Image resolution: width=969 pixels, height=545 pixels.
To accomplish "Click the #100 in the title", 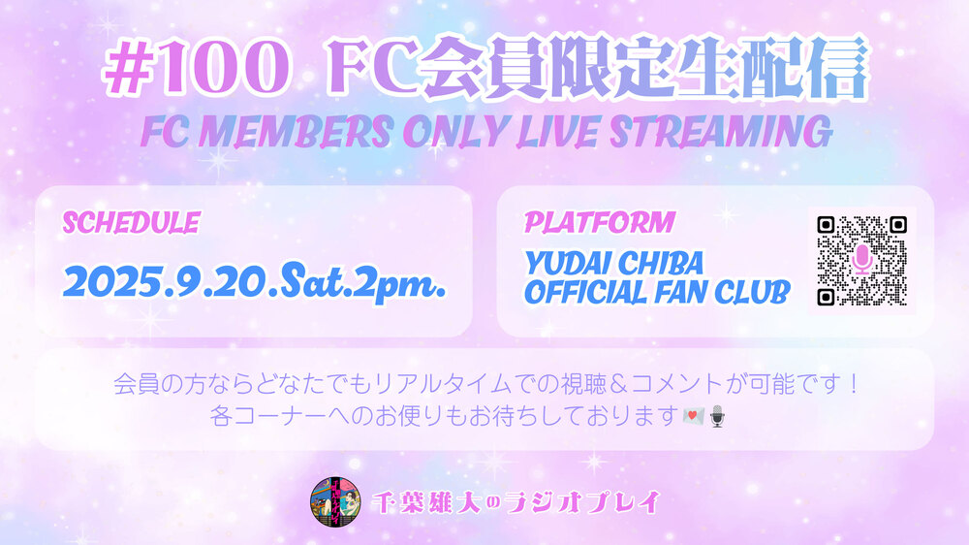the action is pos(197,68).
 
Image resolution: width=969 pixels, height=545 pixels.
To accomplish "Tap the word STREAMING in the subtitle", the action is pos(721,132).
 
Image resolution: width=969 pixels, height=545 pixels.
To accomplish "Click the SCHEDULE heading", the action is pos(131,223).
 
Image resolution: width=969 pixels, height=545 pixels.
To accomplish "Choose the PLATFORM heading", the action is pos(600,223).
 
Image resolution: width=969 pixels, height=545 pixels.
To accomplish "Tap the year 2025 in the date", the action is pos(111,283).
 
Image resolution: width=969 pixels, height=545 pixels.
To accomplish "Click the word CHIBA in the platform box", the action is pos(661,264).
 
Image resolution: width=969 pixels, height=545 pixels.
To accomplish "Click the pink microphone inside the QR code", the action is pos(862,261).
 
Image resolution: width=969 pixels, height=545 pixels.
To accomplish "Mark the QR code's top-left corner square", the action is pos(827,225).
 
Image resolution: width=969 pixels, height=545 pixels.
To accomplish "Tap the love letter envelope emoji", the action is pos(694,416).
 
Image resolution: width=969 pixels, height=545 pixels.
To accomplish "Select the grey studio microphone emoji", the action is pos(717,416).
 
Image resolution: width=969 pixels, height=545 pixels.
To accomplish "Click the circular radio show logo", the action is pos(335,502).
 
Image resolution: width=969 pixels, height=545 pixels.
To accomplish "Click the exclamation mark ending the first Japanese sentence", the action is pos(854,385).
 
